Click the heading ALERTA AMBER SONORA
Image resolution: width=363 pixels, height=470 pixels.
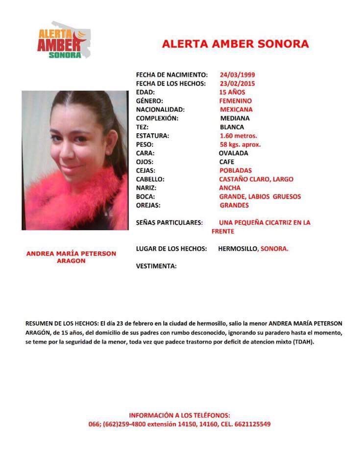[235, 44]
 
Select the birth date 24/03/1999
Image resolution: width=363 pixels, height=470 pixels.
[238, 75]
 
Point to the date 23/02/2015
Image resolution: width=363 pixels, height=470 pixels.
[238, 84]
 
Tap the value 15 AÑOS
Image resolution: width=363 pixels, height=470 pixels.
[232, 92]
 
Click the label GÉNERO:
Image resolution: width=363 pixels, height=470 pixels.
[150, 101]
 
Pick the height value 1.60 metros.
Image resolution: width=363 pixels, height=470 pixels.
[239, 136]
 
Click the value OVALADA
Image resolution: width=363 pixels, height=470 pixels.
[234, 153]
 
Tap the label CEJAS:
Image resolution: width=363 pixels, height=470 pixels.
[146, 170]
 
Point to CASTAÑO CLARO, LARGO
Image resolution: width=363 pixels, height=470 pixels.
[256, 179]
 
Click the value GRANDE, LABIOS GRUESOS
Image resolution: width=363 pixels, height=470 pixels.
[260, 196]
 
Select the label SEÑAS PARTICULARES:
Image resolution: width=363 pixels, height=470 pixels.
[169, 223]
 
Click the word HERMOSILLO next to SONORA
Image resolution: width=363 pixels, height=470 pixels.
[238, 249]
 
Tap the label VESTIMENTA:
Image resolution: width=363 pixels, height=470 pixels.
[156, 266]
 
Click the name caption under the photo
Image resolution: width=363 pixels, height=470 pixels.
[71, 257]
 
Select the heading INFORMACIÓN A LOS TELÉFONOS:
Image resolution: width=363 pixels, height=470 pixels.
[179, 415]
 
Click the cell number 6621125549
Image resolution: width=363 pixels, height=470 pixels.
[250, 424]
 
